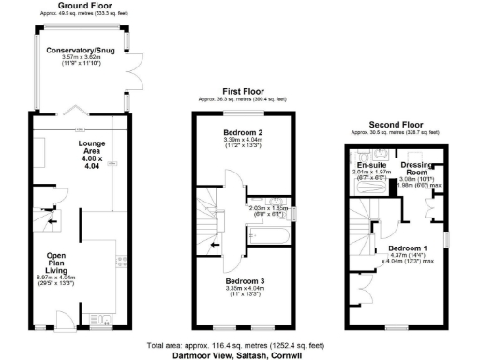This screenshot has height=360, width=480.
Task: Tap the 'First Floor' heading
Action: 241,90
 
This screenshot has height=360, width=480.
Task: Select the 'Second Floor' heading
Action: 393,125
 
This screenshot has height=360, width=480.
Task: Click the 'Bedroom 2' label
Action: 241,133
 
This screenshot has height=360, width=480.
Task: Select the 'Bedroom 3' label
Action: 242,280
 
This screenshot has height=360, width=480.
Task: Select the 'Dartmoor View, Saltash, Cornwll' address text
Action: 240,354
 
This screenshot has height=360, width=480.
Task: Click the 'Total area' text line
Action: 240,345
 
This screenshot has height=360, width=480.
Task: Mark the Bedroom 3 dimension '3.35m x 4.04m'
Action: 242,289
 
